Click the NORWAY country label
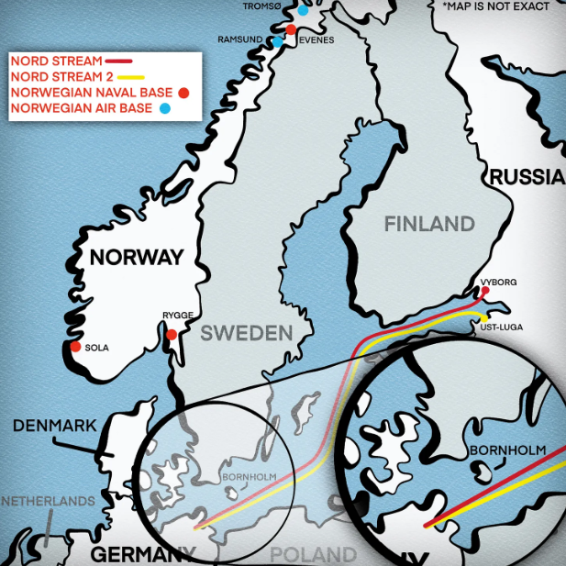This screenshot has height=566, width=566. (x=136, y=257)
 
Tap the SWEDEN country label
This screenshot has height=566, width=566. (x=247, y=333)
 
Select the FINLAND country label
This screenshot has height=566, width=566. (x=429, y=224)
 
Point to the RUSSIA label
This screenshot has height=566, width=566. (x=527, y=178)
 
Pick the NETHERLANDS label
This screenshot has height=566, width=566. (x=48, y=501)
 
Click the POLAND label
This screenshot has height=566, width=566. (x=313, y=554)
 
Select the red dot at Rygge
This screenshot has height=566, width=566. (x=171, y=334)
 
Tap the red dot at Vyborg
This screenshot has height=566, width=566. (x=485, y=291)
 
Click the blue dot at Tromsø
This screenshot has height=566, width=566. (x=304, y=11)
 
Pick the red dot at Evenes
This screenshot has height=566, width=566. (x=292, y=29)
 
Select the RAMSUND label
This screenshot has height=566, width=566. (x=240, y=40)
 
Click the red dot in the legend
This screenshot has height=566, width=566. (x=183, y=93)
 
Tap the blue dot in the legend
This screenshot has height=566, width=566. (x=165, y=109)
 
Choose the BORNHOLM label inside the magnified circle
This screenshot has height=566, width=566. (x=506, y=450)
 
